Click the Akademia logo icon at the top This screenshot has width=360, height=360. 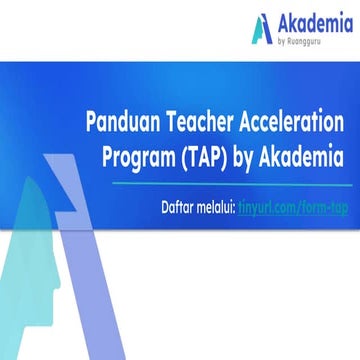[x=261, y=28]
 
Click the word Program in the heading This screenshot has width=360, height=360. [x=143, y=156]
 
